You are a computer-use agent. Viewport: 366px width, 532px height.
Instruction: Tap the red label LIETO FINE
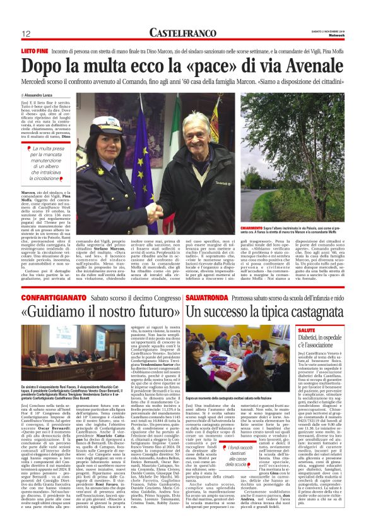(35, 49)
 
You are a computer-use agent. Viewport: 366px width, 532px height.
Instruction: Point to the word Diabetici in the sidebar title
(313, 338)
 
